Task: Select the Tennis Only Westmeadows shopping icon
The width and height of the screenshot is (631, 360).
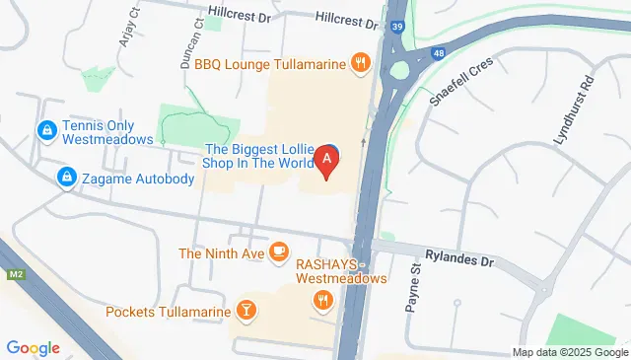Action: (x=45, y=129)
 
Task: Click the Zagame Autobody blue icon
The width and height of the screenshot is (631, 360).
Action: (x=65, y=177)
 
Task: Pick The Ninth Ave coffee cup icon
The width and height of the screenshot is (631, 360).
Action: (x=279, y=252)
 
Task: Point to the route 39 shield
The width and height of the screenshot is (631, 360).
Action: (x=395, y=28)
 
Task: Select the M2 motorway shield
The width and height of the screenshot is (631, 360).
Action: (x=15, y=274)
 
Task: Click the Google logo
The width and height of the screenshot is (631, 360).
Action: (x=33, y=347)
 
